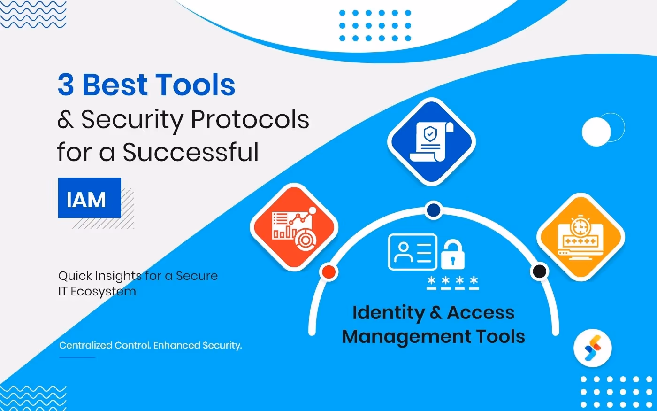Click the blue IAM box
point(89,198)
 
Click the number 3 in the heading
point(66,85)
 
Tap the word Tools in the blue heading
point(195,85)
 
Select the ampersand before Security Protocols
point(66,120)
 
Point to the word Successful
point(191,152)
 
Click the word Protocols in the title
point(250,120)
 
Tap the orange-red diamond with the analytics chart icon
point(294,227)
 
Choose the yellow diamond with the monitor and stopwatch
point(581,237)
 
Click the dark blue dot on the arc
point(434,210)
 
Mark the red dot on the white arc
point(328,271)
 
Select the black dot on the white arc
point(539,271)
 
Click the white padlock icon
point(452,255)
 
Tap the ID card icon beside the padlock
point(413,252)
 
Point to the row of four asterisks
point(452,282)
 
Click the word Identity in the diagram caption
point(388,313)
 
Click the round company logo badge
point(592,348)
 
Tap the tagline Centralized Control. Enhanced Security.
point(150,345)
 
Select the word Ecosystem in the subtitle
point(103,291)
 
